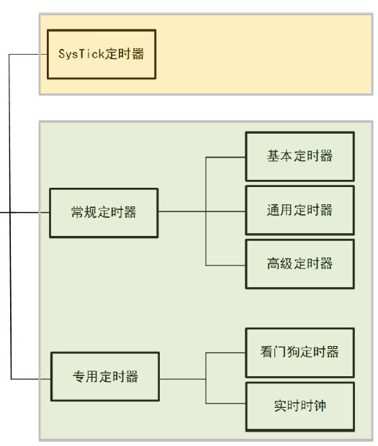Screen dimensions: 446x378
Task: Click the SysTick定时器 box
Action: tap(101, 54)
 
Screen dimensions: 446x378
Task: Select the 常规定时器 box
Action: tap(103, 212)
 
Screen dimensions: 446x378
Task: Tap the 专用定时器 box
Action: tap(105, 376)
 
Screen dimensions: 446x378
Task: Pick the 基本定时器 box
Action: tap(300, 156)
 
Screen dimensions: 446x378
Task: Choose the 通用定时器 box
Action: tap(300, 210)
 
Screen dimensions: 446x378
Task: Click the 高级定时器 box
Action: tap(300, 263)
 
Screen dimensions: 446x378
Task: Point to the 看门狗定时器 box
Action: tap(300, 352)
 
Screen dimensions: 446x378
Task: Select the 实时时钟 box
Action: tap(300, 406)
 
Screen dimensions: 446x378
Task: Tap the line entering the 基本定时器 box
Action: tap(225, 157)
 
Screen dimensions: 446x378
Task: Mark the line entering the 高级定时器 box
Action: tap(225, 266)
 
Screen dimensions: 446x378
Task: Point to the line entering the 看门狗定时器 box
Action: tap(225, 352)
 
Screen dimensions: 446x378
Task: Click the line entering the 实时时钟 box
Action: tap(225, 403)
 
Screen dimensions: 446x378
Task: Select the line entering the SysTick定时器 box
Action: tap(29, 54)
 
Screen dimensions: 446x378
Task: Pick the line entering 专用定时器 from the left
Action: tap(32, 378)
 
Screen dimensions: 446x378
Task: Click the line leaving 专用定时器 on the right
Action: tap(181, 378)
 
